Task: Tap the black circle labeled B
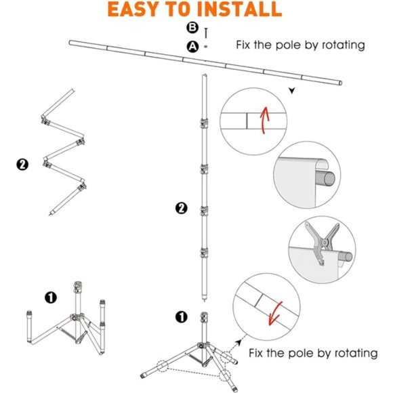pyautogui.click(x=192, y=29)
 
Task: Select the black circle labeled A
pyautogui.click(x=192, y=46)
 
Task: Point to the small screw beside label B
pyautogui.click(x=205, y=30)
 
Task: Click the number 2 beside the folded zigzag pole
pyautogui.click(x=23, y=165)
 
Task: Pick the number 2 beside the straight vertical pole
pyautogui.click(x=180, y=207)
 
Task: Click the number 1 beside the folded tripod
pyautogui.click(x=50, y=297)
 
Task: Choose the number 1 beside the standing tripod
pyautogui.click(x=180, y=316)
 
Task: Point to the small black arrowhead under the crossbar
pyautogui.click(x=292, y=90)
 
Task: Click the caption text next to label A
pyautogui.click(x=300, y=45)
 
